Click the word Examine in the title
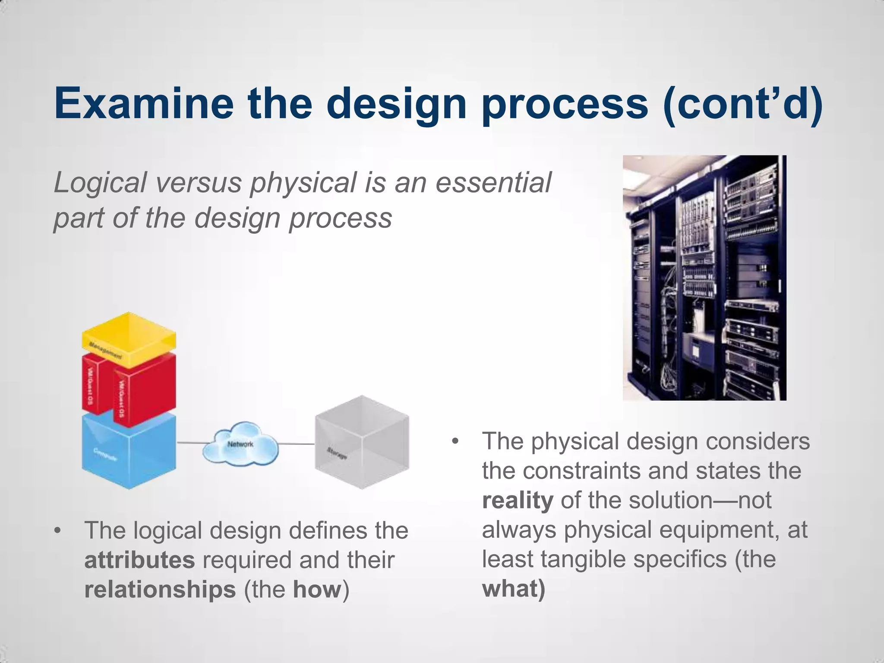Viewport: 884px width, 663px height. point(144,103)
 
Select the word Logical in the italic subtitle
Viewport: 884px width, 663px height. point(100,183)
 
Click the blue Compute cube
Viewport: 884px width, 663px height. point(129,453)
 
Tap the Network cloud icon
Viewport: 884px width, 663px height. point(240,445)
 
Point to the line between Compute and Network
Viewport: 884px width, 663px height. point(190,443)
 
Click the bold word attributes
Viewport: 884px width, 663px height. point(139,560)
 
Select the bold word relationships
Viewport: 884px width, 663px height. point(160,590)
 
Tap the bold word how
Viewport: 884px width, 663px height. point(317,590)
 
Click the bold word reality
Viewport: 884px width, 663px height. point(518,500)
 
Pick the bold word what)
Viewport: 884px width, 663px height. point(514,589)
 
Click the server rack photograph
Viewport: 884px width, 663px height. point(704,278)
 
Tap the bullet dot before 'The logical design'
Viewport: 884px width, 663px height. point(57,530)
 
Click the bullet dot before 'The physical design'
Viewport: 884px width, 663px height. point(455,442)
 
